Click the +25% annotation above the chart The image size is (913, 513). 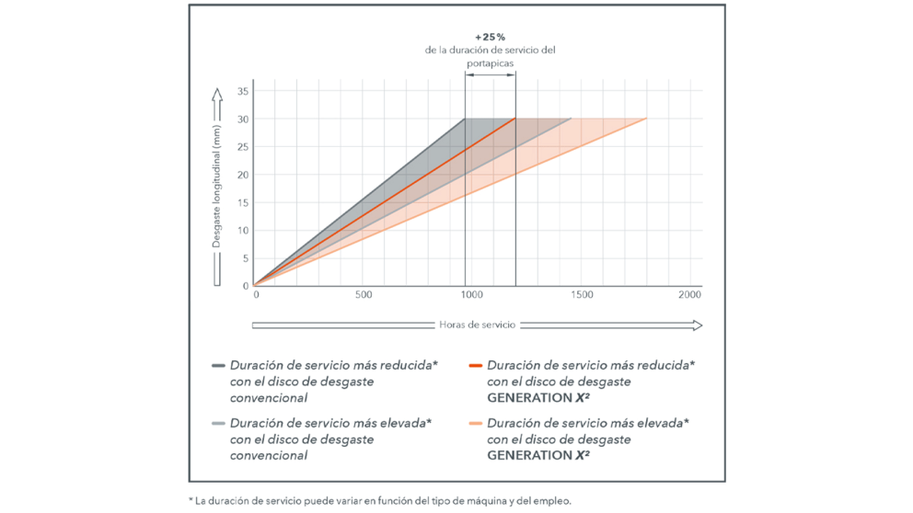[x=490, y=37]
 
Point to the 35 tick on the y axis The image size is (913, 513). [x=244, y=91]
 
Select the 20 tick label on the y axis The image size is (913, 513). [x=244, y=175]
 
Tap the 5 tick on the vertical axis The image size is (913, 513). [x=246, y=258]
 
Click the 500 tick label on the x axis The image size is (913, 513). [x=364, y=295]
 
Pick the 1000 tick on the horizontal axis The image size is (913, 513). [x=471, y=295]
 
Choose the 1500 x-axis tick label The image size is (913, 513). [x=582, y=295]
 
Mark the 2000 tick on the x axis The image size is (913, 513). [x=689, y=295]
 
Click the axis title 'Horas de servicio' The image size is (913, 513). [x=477, y=325]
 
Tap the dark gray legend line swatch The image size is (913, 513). [x=218, y=365]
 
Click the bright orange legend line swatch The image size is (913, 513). [x=475, y=365]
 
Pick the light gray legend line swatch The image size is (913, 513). [x=218, y=424]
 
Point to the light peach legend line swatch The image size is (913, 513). [x=475, y=424]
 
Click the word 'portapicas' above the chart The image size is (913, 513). [x=490, y=64]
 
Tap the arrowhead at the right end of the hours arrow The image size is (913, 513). [x=697, y=325]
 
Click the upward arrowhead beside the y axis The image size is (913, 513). [x=217, y=94]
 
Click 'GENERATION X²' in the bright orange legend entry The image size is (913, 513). [x=538, y=397]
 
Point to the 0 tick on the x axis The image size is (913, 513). [x=256, y=295]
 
